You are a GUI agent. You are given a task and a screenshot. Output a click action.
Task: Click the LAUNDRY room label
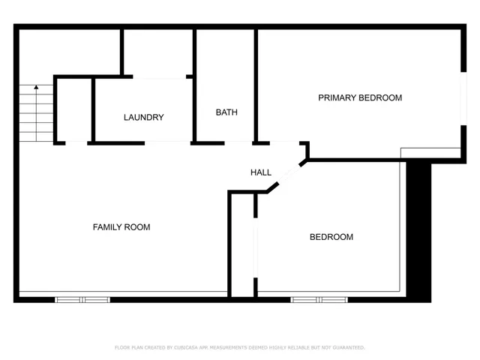143,118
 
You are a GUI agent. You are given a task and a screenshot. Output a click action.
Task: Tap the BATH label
226,112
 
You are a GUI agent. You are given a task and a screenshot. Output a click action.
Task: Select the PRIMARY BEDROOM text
360,98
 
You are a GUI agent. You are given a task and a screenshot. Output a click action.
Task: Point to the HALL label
261,172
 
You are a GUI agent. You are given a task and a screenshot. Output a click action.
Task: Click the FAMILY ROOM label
121,227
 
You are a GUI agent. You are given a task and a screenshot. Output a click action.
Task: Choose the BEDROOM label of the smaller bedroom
331,237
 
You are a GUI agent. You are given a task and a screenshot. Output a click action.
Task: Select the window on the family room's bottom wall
82,299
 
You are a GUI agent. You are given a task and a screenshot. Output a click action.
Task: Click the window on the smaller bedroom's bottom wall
319,299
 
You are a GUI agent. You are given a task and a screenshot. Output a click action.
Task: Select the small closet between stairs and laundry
74,109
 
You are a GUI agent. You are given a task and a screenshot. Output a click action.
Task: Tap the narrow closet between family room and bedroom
241,244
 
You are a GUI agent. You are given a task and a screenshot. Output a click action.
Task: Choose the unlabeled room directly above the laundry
158,52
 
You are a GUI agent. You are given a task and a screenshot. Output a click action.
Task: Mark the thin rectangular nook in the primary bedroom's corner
430,153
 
